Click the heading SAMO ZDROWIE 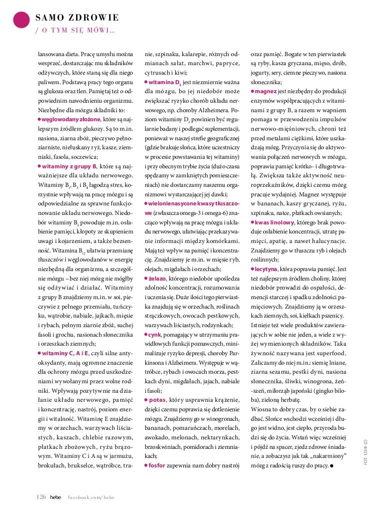click(x=77, y=18)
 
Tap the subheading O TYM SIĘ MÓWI click(x=75, y=31)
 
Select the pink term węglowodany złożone click(x=70, y=119)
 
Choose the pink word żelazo click(x=157, y=278)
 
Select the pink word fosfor click(x=158, y=465)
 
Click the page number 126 click(x=41, y=496)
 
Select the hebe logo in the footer click(x=55, y=496)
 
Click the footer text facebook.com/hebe click(x=91, y=496)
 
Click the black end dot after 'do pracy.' click(x=331, y=465)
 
